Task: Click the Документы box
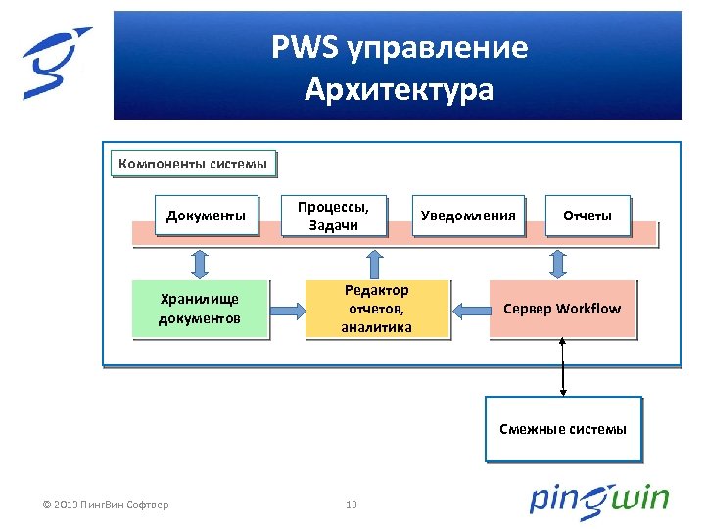click(x=206, y=216)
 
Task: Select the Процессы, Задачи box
click(x=333, y=216)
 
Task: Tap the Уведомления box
click(x=467, y=216)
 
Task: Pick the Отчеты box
click(x=587, y=216)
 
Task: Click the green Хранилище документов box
click(x=200, y=309)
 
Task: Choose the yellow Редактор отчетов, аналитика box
click(x=376, y=309)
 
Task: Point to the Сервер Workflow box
click(x=562, y=309)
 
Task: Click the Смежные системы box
click(x=563, y=428)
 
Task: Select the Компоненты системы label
click(x=192, y=164)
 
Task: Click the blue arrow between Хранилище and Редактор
click(x=286, y=310)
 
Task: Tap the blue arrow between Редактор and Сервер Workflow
click(x=469, y=310)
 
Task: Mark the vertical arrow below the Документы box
click(x=200, y=262)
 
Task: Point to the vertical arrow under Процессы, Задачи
click(x=373, y=262)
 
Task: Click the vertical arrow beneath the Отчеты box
click(x=559, y=262)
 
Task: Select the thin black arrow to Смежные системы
click(x=563, y=367)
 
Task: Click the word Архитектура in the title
click(x=399, y=91)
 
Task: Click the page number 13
click(x=352, y=505)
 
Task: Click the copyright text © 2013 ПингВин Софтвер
click(x=106, y=505)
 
